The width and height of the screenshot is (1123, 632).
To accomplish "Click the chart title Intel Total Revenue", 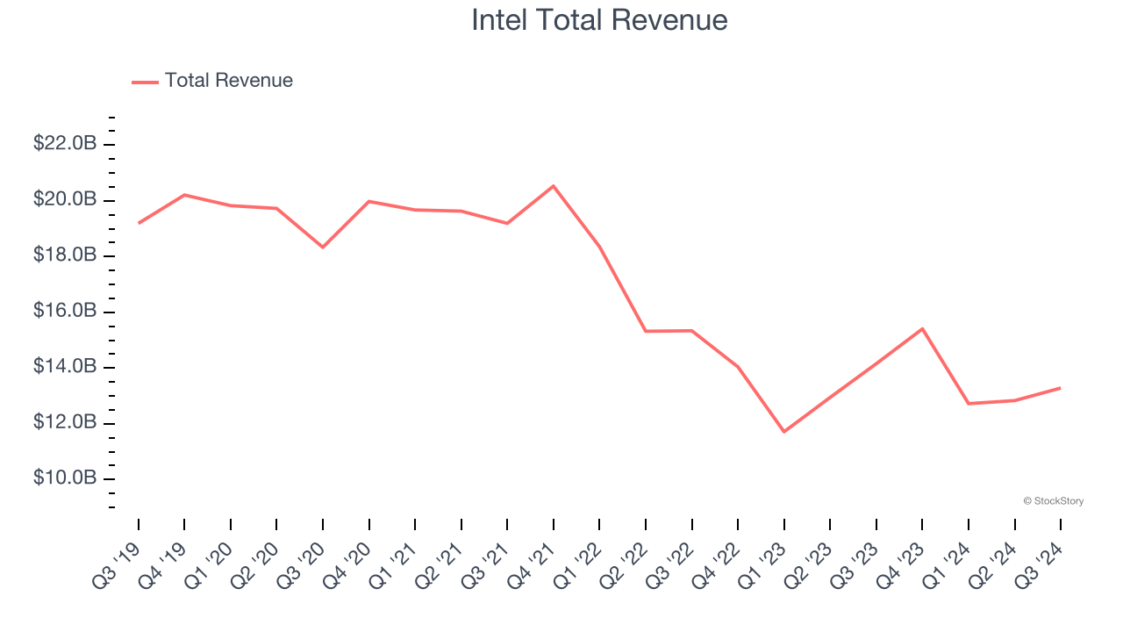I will pos(599,20).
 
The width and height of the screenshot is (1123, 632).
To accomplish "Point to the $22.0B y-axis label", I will pos(65,143).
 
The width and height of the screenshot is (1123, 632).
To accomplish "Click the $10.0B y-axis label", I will pos(65,478).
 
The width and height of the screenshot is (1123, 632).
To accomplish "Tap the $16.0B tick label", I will pos(65,311).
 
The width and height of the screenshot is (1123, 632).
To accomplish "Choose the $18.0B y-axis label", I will pos(65,255).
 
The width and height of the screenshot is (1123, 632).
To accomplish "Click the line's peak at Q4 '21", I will pos(554,186).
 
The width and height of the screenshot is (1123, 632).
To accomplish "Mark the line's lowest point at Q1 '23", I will pos(783,432).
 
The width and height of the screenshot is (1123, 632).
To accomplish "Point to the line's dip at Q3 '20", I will pos(323,247).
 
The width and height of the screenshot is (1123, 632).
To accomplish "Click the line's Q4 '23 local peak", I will pos(922,328).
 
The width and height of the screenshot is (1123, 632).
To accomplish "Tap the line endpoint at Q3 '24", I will pos(1060,387).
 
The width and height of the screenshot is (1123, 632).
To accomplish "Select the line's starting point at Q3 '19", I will pos(139,223).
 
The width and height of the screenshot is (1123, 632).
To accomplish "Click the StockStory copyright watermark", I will pos(1053,501).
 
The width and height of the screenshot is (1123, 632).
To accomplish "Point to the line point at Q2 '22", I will pos(646,331).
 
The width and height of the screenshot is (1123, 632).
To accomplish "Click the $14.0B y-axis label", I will pos(65,366).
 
